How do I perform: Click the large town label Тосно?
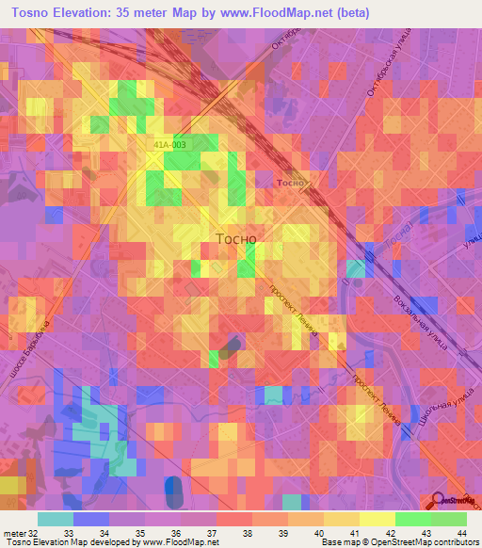click(236, 239)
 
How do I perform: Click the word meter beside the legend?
click(14, 532)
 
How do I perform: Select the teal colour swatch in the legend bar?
click(56, 519)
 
